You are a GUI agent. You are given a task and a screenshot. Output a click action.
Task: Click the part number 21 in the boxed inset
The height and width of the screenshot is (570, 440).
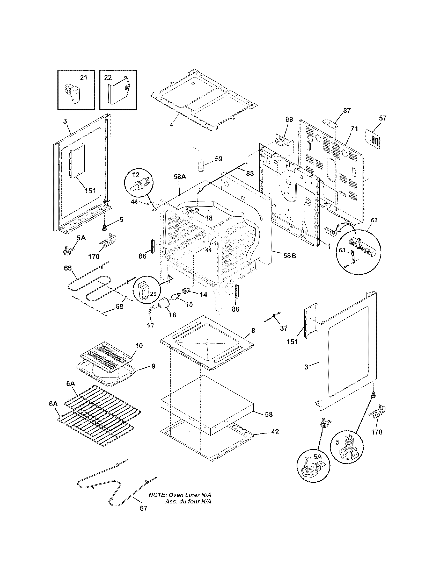coord(83,78)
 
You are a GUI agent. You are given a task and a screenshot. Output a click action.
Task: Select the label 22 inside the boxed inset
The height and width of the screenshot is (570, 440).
coord(108,78)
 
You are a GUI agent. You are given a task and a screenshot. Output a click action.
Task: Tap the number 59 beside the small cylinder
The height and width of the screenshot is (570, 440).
coord(219,159)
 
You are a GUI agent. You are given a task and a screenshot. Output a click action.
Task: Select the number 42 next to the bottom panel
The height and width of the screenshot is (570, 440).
coord(275,432)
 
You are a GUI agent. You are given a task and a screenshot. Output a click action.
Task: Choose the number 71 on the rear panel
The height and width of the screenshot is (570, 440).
coord(354,129)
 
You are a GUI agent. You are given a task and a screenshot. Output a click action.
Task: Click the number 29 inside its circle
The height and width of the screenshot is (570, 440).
coord(153,294)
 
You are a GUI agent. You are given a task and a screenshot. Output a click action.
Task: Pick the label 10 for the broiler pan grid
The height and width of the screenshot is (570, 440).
coord(139,346)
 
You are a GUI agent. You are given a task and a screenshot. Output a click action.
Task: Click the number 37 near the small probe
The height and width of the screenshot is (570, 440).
coord(284,328)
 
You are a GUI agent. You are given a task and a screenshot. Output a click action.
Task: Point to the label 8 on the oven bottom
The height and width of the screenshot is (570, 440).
coord(253,330)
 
